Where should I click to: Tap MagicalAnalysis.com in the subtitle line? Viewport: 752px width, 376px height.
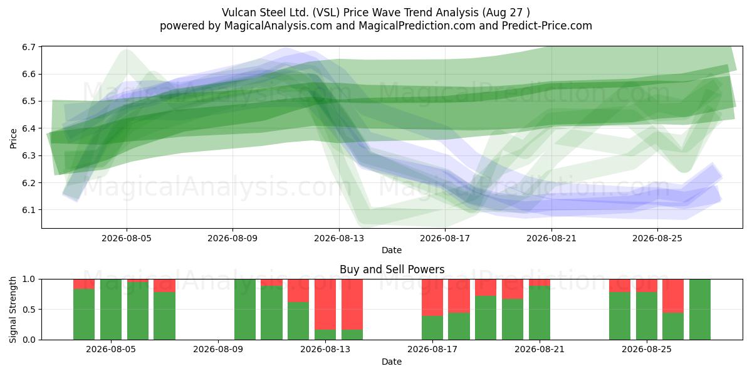(278, 26)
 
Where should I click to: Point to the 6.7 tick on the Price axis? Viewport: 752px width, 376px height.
(29, 47)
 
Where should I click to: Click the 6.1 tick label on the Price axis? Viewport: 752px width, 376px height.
(29, 210)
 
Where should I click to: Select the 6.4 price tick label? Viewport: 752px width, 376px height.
(29, 128)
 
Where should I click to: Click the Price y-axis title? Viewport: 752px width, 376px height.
(13, 138)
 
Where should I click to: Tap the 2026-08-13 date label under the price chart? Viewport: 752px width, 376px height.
(339, 238)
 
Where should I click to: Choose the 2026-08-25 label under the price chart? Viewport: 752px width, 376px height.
(657, 238)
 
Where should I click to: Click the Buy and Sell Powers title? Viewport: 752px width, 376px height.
(392, 269)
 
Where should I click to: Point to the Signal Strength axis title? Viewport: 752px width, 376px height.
(13, 310)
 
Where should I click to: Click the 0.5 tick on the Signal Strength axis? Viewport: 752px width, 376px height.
(29, 310)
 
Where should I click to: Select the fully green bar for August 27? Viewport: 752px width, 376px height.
(699, 310)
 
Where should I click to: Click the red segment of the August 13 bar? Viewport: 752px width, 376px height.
(325, 305)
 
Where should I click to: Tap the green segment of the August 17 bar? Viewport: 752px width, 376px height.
(432, 328)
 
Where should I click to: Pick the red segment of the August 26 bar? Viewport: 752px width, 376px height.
(673, 296)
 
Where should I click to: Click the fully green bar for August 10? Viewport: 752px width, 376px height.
(245, 310)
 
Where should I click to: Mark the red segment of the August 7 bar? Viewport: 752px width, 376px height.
(164, 286)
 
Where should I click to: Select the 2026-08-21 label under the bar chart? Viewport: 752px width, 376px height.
(539, 350)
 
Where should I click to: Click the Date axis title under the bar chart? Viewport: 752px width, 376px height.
(392, 362)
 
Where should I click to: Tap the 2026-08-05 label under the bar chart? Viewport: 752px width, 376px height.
(111, 350)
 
